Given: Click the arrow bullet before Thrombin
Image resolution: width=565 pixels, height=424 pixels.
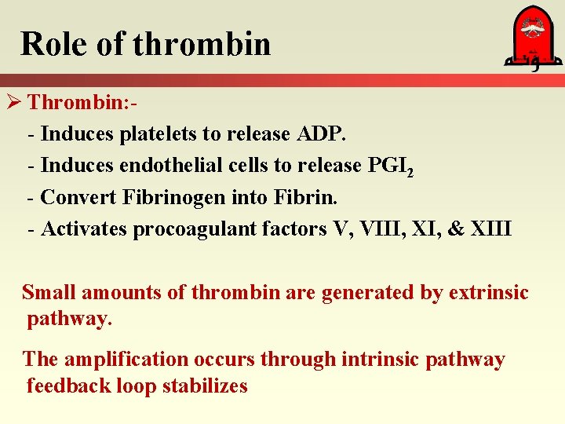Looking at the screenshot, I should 13,103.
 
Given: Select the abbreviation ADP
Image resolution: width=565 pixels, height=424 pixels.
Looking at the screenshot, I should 321,134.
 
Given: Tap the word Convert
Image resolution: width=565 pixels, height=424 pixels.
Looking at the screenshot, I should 78,198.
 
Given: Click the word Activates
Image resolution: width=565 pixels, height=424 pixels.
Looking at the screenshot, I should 84,229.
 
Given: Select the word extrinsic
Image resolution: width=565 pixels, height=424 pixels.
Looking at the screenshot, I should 488,293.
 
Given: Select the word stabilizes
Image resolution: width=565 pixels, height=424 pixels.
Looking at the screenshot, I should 207,386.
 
